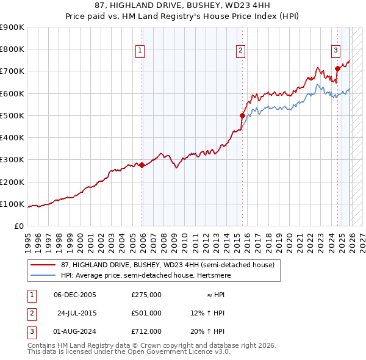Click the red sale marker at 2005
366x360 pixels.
[x=142, y=165]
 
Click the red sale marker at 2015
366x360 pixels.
[x=242, y=115]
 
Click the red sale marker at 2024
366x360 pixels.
[x=337, y=68]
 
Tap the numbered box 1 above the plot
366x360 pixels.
[x=140, y=51]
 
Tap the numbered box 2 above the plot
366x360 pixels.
[x=241, y=51]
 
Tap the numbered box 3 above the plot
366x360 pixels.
[x=335, y=51]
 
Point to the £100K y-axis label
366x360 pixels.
[x=12, y=204]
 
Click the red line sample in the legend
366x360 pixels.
[x=43, y=265]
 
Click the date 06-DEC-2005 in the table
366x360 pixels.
[x=75, y=295]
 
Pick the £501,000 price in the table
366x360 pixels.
[x=146, y=313]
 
